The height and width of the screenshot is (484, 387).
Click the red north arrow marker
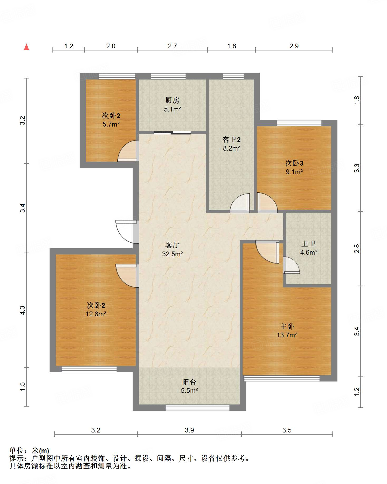pyautogui.click(x=26, y=47)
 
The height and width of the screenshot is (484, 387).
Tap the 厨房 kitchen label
pyautogui.click(x=172, y=100)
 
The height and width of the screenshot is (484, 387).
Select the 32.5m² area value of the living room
pyautogui.click(x=172, y=254)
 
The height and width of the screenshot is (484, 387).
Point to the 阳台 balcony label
pyautogui.click(x=189, y=382)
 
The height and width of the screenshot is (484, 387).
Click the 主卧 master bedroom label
pyautogui.click(x=287, y=327)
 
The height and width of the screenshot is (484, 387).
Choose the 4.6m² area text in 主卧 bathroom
pyautogui.click(x=309, y=252)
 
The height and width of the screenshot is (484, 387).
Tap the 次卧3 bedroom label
pyautogui.click(x=294, y=163)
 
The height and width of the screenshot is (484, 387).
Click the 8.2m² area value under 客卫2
pyautogui.click(x=231, y=148)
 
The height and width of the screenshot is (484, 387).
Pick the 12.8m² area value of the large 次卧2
pyautogui.click(x=96, y=314)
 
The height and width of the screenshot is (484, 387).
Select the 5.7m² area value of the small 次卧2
pyautogui.click(x=111, y=124)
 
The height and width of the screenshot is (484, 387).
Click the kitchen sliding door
pyautogui.click(x=172, y=133)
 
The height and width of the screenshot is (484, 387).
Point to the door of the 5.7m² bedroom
pyautogui.click(x=128, y=151)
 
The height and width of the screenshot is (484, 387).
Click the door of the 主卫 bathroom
pyautogui.click(x=291, y=265)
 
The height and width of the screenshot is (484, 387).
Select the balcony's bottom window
pyautogui.click(x=197, y=408)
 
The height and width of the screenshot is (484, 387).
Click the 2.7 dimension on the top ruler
pyautogui.click(x=172, y=46)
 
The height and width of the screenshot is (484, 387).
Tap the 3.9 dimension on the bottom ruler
pyautogui.click(x=189, y=430)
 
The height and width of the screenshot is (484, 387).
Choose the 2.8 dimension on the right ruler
pyautogui.click(x=357, y=249)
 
